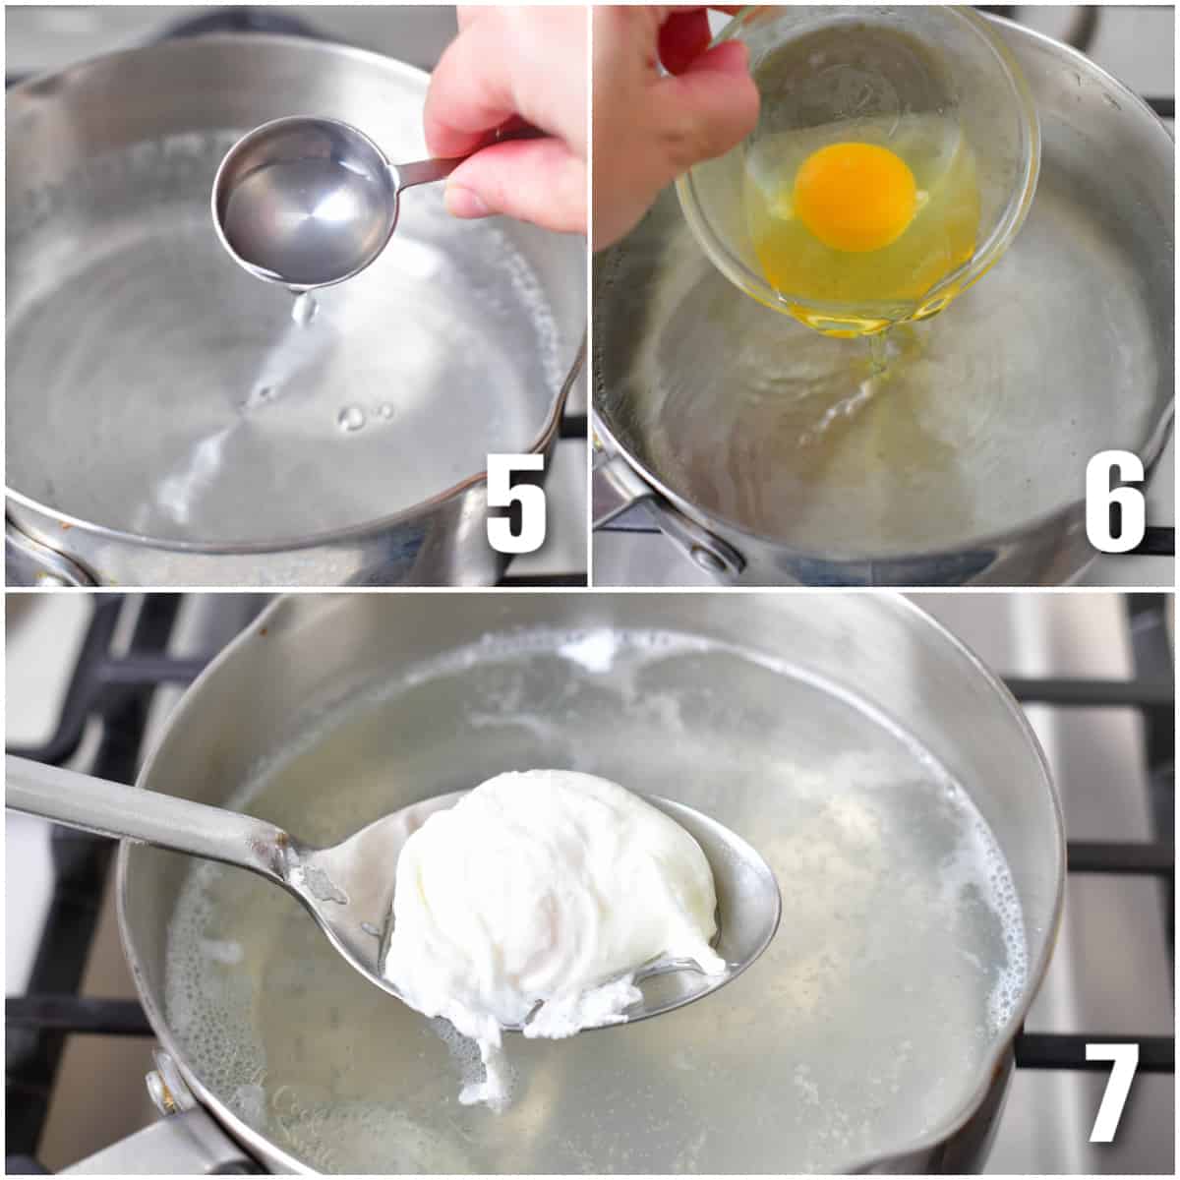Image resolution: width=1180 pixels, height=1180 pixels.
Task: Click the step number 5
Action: coord(515,502)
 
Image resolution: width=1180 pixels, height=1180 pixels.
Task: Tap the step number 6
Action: coord(1115,502)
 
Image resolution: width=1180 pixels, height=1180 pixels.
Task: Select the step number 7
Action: coord(1112,1091)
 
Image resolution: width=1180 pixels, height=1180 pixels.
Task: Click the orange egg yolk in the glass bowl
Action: coord(855,196)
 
